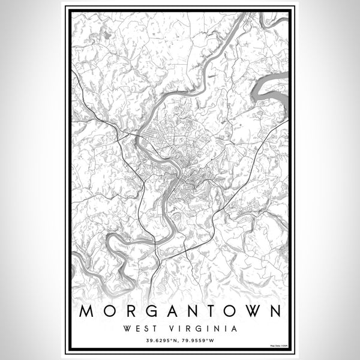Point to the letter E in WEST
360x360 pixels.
click(x=137, y=328)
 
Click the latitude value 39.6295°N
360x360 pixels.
click(x=160, y=341)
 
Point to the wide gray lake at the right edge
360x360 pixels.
click(x=274, y=90)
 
